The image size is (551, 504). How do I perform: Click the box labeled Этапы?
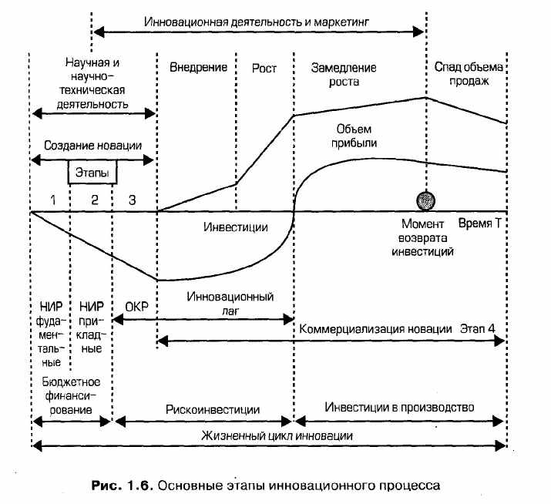[92, 172]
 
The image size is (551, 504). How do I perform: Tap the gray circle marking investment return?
[425, 200]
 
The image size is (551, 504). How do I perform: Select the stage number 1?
[52, 200]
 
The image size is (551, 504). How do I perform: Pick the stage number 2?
[95, 200]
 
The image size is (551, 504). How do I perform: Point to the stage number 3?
[132, 200]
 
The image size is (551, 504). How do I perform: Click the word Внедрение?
[198, 67]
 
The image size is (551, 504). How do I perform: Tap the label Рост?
[264, 68]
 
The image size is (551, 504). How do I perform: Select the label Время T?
[479, 223]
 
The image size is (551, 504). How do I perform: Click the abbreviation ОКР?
[136, 307]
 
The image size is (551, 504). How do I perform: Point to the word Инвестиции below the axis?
[236, 227]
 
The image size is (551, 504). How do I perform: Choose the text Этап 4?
[478, 328]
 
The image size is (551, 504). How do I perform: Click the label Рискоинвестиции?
[213, 409]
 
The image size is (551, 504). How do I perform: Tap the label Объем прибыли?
[354, 136]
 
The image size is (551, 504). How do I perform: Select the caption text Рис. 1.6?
[123, 486]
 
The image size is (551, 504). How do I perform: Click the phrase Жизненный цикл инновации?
[277, 436]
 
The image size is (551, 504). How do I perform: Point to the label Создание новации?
[92, 146]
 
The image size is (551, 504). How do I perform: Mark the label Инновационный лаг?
[230, 304]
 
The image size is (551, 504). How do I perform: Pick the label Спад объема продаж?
[469, 74]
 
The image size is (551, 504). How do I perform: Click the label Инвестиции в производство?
[399, 407]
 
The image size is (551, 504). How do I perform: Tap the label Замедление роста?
[344, 75]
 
